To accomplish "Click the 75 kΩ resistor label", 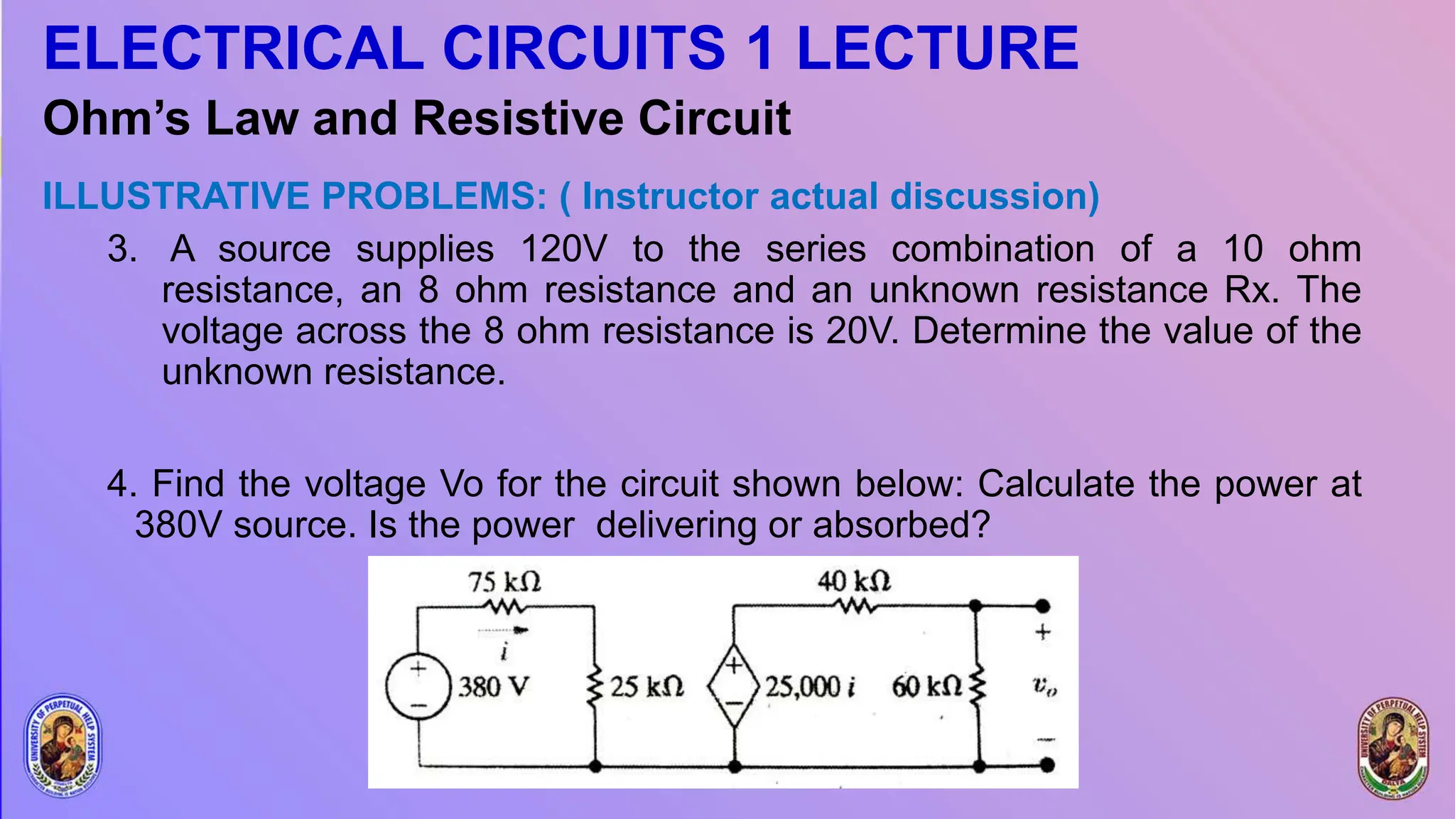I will tap(504, 582).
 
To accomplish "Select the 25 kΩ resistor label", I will tap(647, 687).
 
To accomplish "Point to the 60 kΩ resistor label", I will tap(927, 687).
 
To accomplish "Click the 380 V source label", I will tap(493, 687).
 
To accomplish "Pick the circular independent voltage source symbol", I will tap(418, 687).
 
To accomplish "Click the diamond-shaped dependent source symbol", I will tap(734, 686).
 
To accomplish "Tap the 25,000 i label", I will tap(810, 687).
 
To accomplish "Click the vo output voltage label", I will tap(1044, 687).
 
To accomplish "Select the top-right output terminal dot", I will tap(1042, 606).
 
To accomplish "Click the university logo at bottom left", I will tap(63, 744).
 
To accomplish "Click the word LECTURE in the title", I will tap(937, 48).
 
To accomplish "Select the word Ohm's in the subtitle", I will tap(117, 118).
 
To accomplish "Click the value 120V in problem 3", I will tap(564, 250).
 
